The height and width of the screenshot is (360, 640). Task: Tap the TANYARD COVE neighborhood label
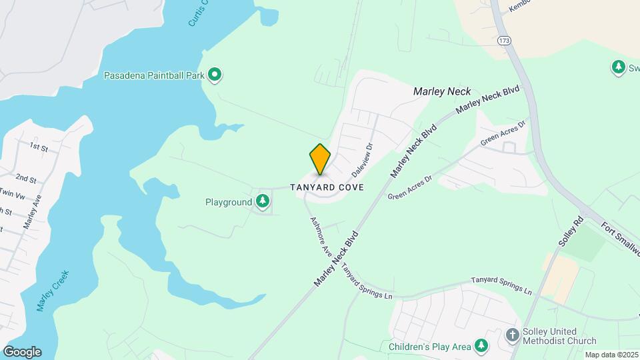click(x=327, y=187)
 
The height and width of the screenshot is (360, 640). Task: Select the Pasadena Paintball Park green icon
click(x=215, y=75)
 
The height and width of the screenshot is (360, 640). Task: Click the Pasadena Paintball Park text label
click(x=154, y=75)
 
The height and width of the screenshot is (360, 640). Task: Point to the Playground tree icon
click(x=263, y=201)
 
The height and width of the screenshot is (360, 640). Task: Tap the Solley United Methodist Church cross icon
click(x=513, y=335)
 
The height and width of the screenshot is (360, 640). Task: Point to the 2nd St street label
click(x=26, y=179)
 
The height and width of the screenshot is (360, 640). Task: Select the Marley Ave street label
click(x=33, y=211)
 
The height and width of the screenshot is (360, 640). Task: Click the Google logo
click(x=21, y=352)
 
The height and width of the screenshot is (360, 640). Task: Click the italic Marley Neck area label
click(x=442, y=91)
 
